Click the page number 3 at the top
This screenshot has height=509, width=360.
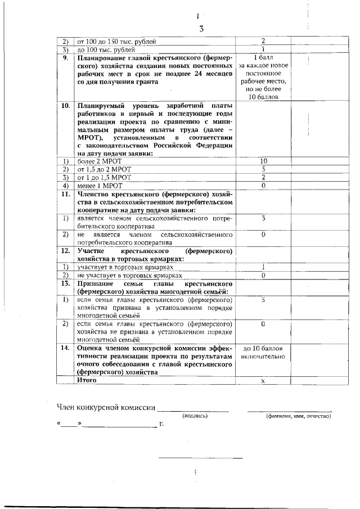tap(201, 29)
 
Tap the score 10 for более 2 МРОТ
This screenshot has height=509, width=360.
tap(263, 161)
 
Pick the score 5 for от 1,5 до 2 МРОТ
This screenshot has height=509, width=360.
tap(263, 169)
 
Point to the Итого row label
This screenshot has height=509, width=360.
tap(87, 380)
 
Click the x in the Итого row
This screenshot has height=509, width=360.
tap(263, 381)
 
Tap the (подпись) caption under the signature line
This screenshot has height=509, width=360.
tap(195, 416)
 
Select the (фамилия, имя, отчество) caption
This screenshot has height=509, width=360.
tap(299, 416)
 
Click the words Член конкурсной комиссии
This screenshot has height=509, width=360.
tap(105, 407)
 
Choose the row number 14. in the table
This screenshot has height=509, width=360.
tap(65, 348)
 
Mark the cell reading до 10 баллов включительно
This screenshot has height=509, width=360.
tap(263, 353)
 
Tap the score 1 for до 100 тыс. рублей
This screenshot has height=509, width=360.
tap(263, 49)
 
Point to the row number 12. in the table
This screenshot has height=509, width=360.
tap(65, 250)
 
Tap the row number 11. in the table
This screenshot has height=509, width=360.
tap(65, 193)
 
